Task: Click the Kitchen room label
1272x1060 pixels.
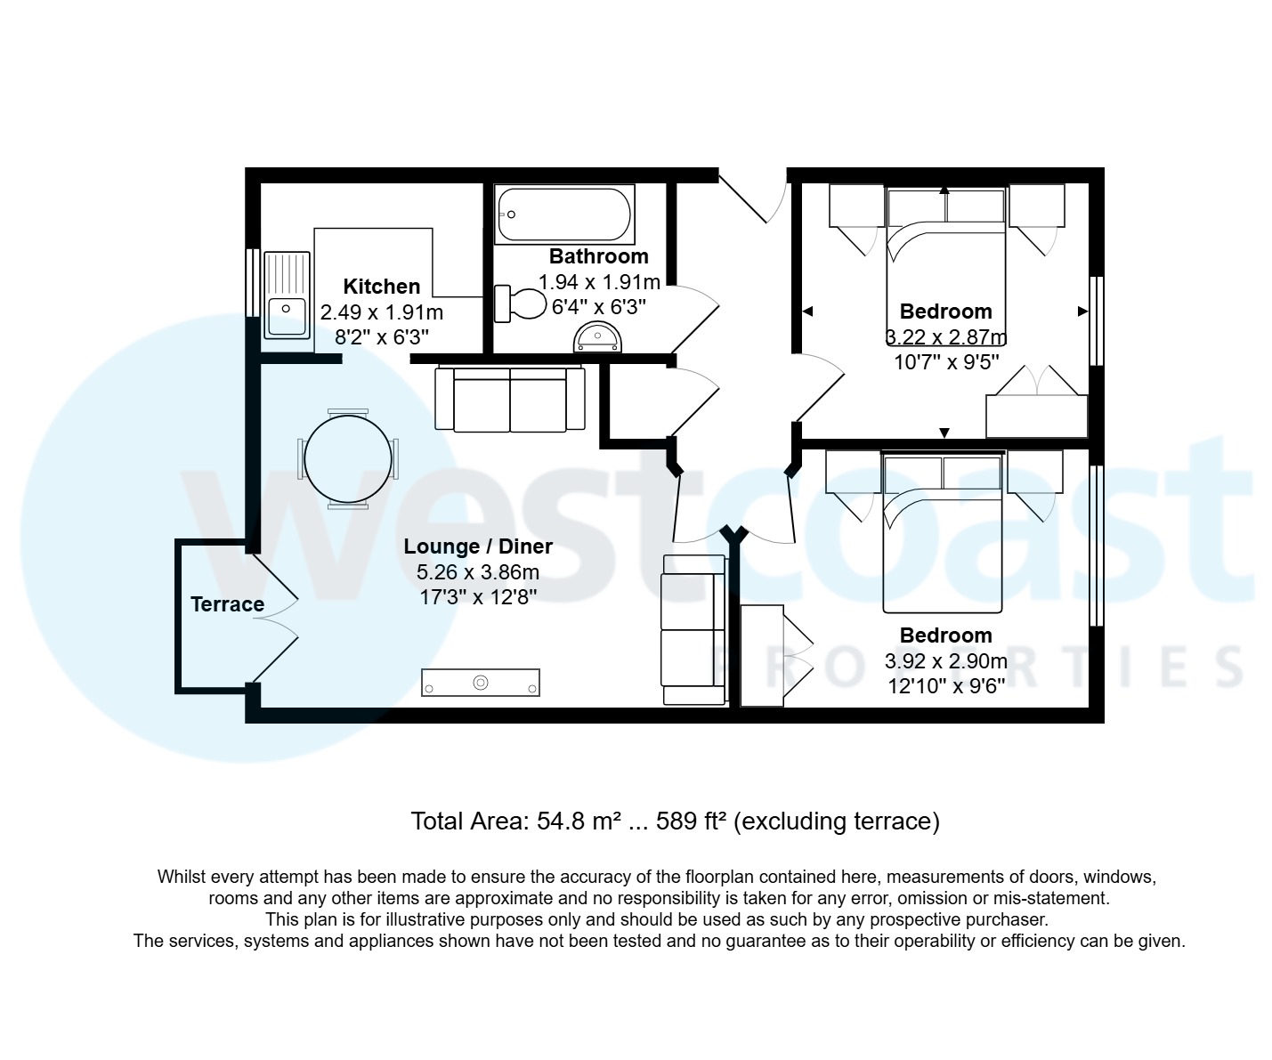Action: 381,287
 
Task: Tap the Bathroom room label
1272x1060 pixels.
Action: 598,256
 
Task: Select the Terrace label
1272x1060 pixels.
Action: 227,604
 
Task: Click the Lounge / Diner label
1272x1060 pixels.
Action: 478,546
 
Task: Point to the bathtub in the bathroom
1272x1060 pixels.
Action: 564,214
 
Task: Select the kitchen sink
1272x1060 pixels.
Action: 286,295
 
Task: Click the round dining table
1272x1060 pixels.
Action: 347,458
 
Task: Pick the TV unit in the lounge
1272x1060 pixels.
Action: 481,683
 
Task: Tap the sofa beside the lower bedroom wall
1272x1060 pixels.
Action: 693,629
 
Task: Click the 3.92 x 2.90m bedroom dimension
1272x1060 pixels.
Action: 945,661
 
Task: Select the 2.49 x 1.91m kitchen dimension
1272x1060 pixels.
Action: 381,312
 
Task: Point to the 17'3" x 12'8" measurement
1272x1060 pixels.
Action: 478,596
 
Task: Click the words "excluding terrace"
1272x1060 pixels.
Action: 839,821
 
